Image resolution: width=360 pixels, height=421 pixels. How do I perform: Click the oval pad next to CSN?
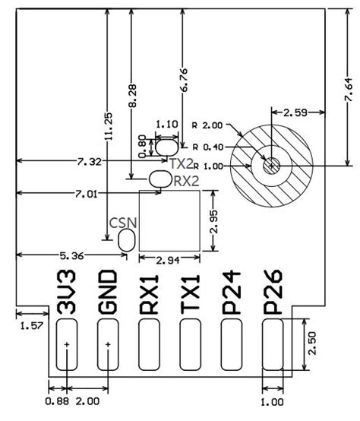(127, 240)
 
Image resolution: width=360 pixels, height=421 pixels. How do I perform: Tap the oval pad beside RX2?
(160, 179)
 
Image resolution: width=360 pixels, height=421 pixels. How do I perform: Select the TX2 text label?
(182, 163)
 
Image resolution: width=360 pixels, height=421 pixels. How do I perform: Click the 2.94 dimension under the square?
(169, 260)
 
